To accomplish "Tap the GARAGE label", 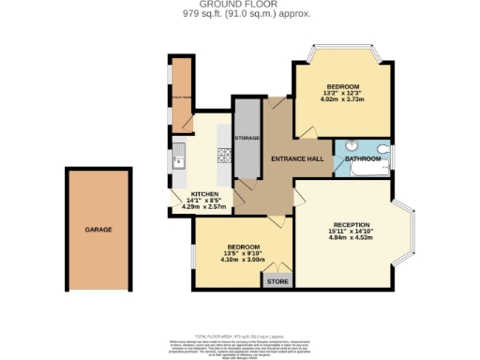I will pyautogui.click(x=99, y=229).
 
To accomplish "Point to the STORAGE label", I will pyautogui.click(x=247, y=138).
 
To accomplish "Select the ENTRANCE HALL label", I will pyautogui.click(x=298, y=158).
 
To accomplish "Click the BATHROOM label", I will pyautogui.click(x=362, y=159).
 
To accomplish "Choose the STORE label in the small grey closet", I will pyautogui.click(x=277, y=281).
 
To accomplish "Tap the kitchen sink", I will pyautogui.click(x=178, y=159).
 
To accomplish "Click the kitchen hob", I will pyautogui.click(x=224, y=156).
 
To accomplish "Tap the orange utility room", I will pyautogui.click(x=180, y=94).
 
